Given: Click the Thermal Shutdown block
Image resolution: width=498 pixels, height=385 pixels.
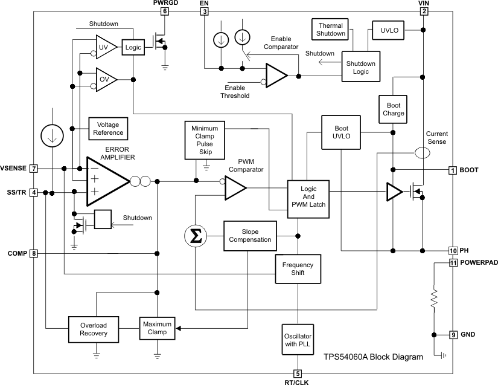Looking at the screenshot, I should click(x=331, y=30).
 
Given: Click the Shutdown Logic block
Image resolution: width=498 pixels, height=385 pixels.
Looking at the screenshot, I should click(x=360, y=67).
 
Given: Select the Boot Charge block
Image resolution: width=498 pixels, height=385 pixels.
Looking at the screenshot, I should click(x=393, y=109).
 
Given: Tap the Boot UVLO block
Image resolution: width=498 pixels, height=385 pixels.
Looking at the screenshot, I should click(x=341, y=132).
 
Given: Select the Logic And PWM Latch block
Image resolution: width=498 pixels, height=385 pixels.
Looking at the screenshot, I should click(x=308, y=196).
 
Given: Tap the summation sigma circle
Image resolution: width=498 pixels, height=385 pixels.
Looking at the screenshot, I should click(x=195, y=236).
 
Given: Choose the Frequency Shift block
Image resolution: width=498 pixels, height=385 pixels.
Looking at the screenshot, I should click(x=298, y=268).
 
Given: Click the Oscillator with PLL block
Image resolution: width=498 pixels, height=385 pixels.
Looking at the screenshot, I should click(x=298, y=338).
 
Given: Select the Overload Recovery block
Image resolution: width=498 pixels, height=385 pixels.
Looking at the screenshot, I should click(x=93, y=329).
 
